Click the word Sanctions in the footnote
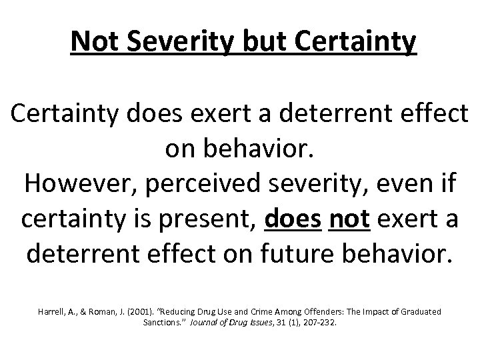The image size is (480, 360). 161,323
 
